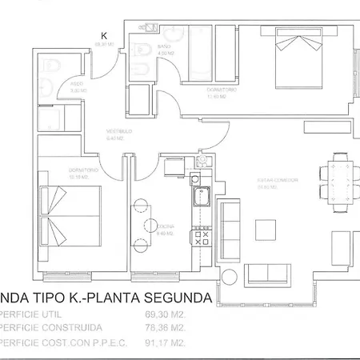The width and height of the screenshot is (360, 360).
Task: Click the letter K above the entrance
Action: point(103,35)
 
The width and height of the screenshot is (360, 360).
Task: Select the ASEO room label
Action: point(78,83)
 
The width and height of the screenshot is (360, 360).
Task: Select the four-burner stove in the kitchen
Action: point(197,238)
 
